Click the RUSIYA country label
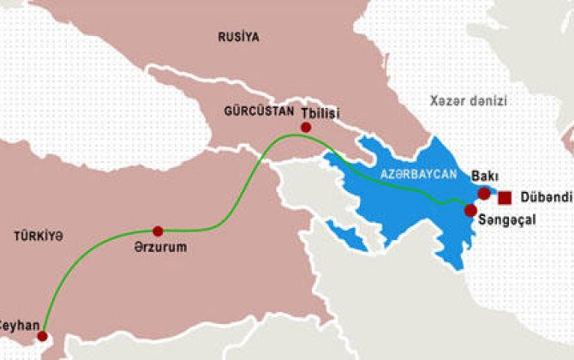(x=239, y=37)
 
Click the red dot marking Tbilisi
(x=305, y=128)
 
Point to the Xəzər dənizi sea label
(x=469, y=101)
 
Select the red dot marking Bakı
(x=484, y=194)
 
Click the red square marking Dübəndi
(x=505, y=198)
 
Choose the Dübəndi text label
(x=544, y=198)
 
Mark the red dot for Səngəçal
(x=469, y=210)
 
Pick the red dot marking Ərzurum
(x=157, y=231)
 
